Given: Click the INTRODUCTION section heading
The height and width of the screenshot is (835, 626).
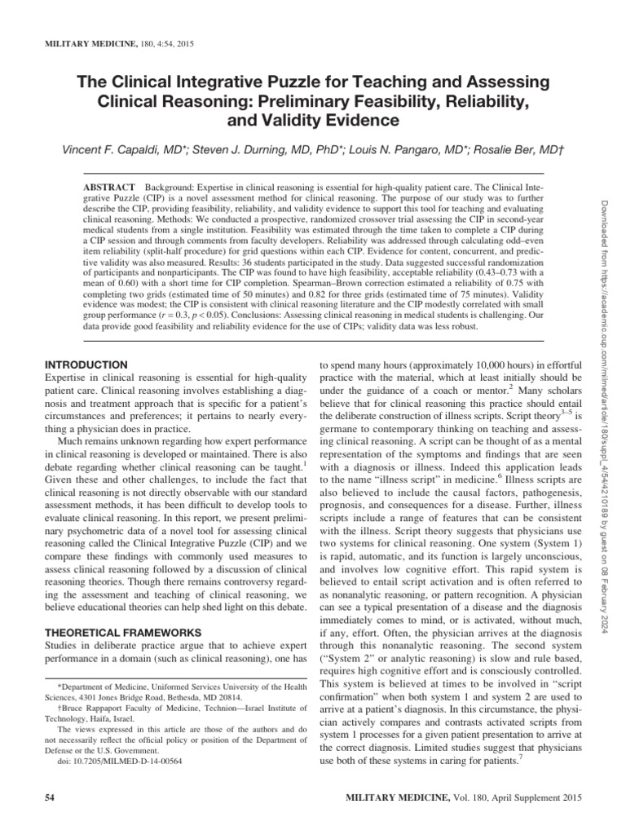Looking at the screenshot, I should point(86,364).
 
